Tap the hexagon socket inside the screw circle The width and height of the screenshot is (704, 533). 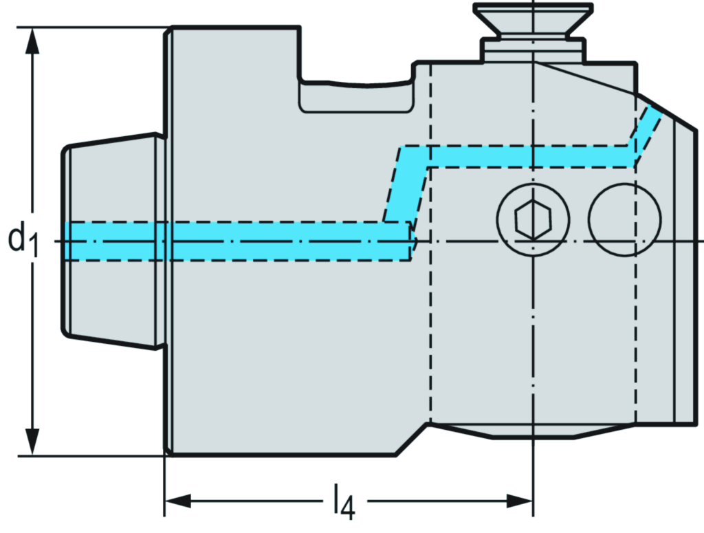533,220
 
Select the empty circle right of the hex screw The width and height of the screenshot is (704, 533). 625,219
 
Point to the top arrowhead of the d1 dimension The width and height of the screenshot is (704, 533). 32,41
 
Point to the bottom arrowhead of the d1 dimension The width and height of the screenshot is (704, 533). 32,440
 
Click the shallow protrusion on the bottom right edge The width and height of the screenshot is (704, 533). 533,432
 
